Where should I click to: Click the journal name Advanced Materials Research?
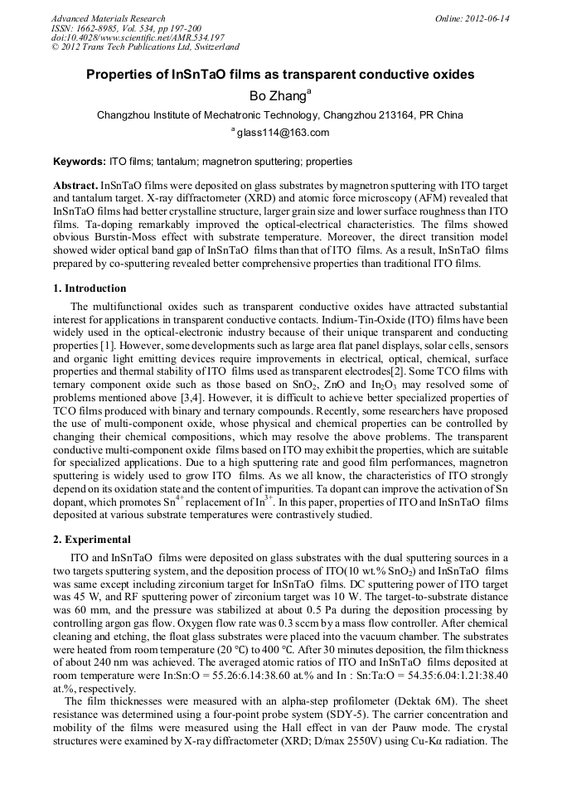point(108,18)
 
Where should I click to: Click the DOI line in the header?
point(138,38)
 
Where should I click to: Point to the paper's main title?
point(280,75)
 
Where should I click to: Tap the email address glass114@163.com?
point(283,133)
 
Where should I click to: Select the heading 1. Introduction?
point(90,288)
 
